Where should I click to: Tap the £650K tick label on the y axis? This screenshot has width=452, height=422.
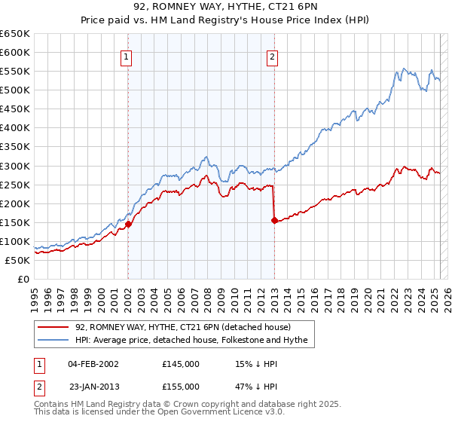point(15,34)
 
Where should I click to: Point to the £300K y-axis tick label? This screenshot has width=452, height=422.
point(15,166)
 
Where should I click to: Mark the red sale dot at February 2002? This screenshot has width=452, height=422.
point(128,224)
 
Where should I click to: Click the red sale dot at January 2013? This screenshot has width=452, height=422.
point(273,220)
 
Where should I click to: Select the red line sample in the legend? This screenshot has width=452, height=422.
point(53,327)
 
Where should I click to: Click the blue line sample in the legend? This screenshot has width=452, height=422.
point(53,340)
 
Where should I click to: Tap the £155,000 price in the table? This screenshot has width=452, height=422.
point(181,386)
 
